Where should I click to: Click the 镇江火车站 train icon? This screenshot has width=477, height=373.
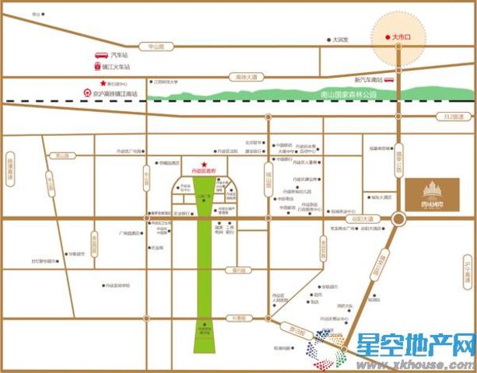pyautogui.click(x=98, y=68)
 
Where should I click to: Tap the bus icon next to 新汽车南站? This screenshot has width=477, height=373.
pyautogui.click(x=391, y=80)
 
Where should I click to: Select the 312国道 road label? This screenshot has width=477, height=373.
pyautogui.click(x=451, y=117)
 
